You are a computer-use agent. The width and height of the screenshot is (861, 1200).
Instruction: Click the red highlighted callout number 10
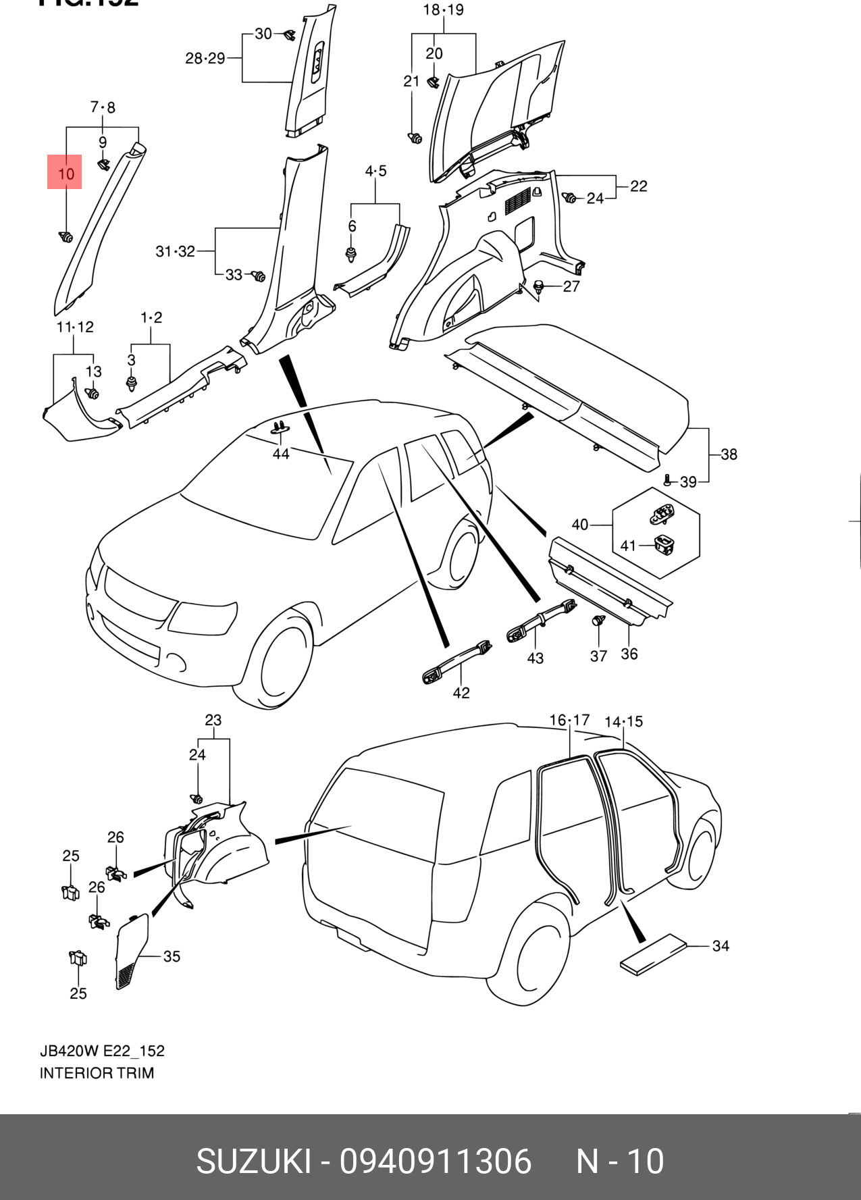[65, 173]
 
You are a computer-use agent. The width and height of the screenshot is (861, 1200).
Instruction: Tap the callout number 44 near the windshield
[280, 454]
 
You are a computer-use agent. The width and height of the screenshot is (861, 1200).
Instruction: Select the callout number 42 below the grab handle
[461, 692]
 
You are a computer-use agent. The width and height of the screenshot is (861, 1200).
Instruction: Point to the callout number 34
[721, 945]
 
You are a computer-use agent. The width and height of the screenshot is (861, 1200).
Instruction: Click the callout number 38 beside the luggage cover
[729, 454]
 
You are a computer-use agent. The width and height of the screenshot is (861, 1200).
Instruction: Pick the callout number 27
[571, 286]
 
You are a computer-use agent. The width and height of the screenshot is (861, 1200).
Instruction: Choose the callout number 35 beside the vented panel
[172, 956]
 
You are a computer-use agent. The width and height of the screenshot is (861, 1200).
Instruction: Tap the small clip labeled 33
[258, 276]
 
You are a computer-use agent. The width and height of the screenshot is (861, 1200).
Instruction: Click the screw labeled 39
[668, 480]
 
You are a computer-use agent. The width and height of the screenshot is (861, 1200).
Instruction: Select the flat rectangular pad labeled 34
[653, 954]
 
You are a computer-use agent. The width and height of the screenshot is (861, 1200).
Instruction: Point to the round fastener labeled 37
[598, 621]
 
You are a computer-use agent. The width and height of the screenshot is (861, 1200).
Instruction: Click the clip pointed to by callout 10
[66, 237]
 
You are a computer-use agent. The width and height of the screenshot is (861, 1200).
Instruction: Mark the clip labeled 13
[93, 393]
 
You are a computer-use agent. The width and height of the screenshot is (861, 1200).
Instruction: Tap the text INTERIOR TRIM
[97, 1072]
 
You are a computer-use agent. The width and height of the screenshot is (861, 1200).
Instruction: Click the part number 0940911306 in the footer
[436, 1162]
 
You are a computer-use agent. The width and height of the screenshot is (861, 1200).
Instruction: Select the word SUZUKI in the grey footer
[254, 1162]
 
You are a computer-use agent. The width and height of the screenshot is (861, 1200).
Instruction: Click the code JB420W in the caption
[70, 1051]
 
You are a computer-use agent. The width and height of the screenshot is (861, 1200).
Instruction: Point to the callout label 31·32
[175, 251]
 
